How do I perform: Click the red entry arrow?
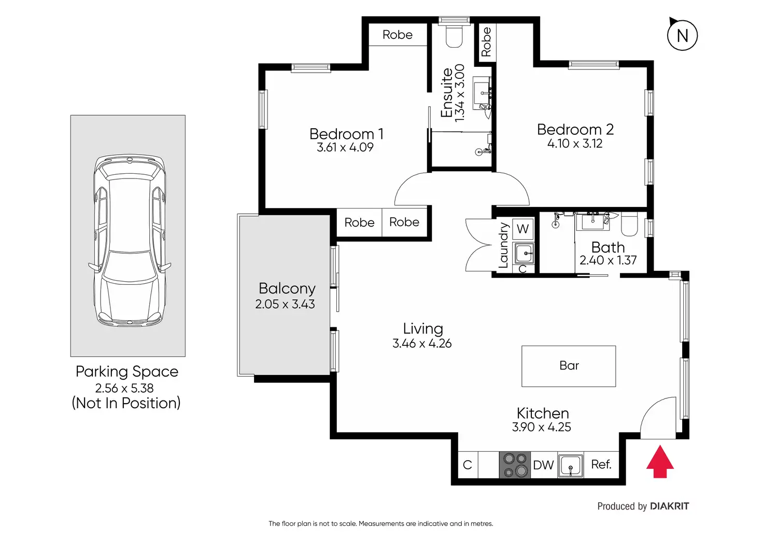660,462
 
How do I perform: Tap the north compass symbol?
682,35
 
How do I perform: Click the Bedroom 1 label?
346,134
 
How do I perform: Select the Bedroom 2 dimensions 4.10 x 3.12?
575,144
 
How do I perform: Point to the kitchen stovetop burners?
515,465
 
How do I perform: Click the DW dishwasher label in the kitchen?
543,465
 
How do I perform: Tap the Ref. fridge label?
601,464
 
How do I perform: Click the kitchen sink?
571,465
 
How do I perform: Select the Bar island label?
569,366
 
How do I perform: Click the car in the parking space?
130,241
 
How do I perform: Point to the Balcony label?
287,288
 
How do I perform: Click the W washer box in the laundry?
523,229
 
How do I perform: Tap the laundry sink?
523,253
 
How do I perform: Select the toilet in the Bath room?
629,224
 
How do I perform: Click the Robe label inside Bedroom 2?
486,42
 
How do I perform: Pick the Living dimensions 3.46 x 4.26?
422,343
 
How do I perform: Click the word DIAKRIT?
669,506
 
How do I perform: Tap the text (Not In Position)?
126,403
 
